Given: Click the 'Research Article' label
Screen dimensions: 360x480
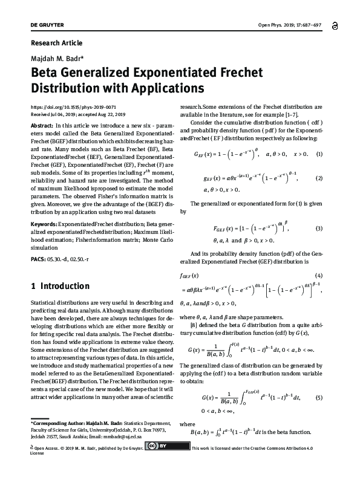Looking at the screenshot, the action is (x=56, y=43).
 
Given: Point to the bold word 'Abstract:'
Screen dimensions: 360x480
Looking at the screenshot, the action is (x=41, y=125).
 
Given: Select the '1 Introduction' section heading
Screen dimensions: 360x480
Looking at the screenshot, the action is (x=60, y=286).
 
